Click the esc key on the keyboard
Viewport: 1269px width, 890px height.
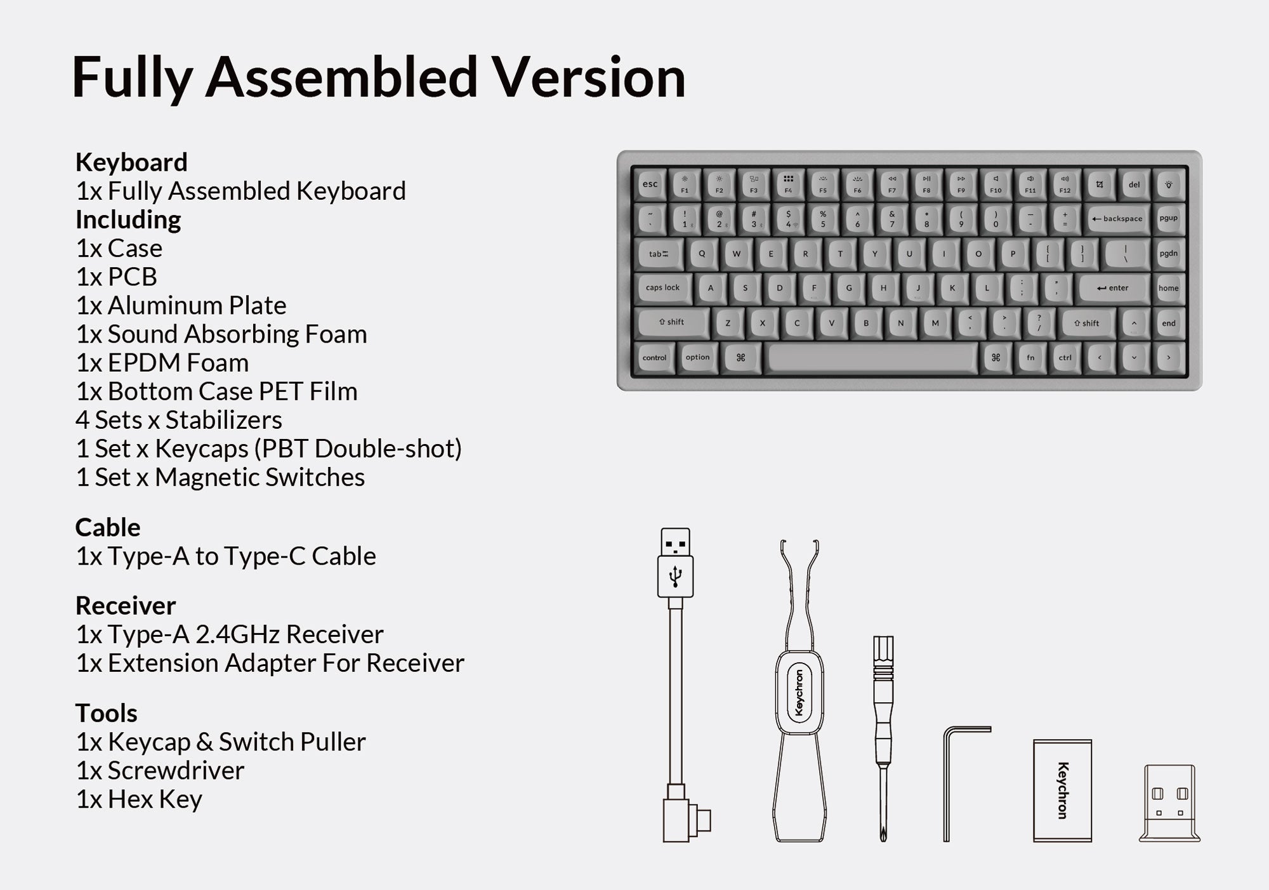tap(650, 185)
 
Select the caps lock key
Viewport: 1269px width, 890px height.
tap(662, 288)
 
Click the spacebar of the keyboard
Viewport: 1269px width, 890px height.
tap(871, 358)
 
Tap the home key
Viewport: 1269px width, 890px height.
tap(1168, 288)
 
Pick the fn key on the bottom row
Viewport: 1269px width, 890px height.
tap(1030, 358)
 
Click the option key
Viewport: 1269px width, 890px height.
tap(697, 358)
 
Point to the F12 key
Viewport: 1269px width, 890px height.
tap(1065, 185)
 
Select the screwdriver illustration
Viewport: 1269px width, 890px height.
tap(883, 739)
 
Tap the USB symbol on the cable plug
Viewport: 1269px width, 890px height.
tap(675, 575)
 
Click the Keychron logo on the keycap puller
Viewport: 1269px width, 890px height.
tap(799, 693)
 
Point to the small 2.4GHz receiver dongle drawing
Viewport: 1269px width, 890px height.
tap(1169, 803)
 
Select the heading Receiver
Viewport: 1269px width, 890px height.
tap(126, 606)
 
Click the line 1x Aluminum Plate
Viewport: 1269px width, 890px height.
tap(181, 306)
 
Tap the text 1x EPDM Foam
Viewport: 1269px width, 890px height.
tap(162, 363)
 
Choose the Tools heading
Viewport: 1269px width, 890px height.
tap(107, 713)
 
